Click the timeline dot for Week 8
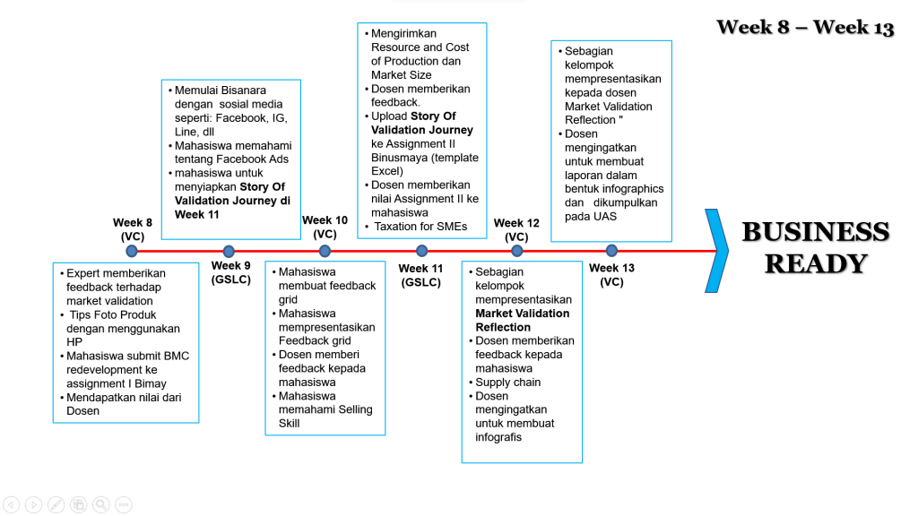coord(133,252)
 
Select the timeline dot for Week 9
coord(229,252)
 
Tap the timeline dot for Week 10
coord(325,252)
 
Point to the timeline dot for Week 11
coord(421,252)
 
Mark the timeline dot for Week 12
coord(517,252)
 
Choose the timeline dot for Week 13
coord(611,251)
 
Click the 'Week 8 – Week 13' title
coord(804,27)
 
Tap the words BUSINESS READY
coord(815,247)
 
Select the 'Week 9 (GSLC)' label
coord(231,272)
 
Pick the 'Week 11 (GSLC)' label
coord(420,275)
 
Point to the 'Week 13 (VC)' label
coord(611,274)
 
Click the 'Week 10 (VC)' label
coord(325,227)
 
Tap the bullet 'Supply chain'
coord(507,383)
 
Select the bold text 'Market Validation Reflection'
coord(522,321)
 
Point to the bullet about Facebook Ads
coord(232,152)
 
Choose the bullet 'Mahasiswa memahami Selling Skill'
coord(325,409)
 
